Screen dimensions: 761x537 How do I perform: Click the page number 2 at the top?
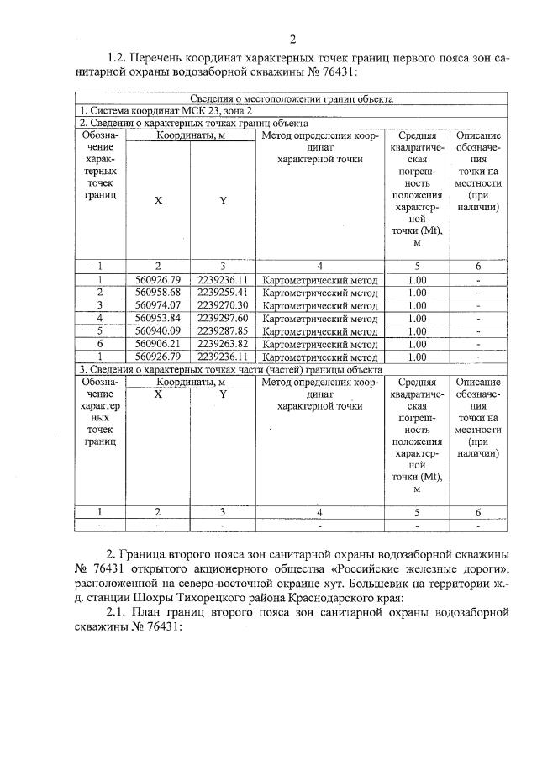coord(292,39)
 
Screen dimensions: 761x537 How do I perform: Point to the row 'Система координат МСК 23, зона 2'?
coord(165,110)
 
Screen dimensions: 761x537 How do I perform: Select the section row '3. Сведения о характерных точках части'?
coord(230,368)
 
